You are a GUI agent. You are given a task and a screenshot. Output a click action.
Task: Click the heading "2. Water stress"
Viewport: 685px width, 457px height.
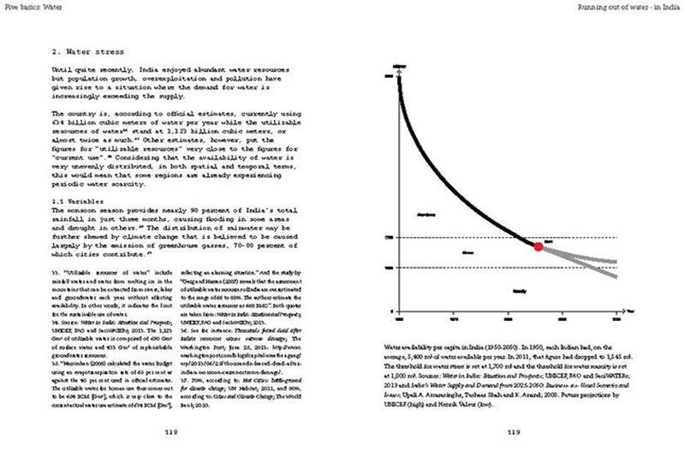point(88,50)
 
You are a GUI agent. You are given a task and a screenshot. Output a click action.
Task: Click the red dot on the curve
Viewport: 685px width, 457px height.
point(538,246)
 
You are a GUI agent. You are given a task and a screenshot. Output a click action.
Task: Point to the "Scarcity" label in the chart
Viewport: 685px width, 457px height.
point(519,291)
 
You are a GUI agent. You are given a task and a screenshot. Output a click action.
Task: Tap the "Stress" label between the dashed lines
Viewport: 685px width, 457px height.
point(468,253)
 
